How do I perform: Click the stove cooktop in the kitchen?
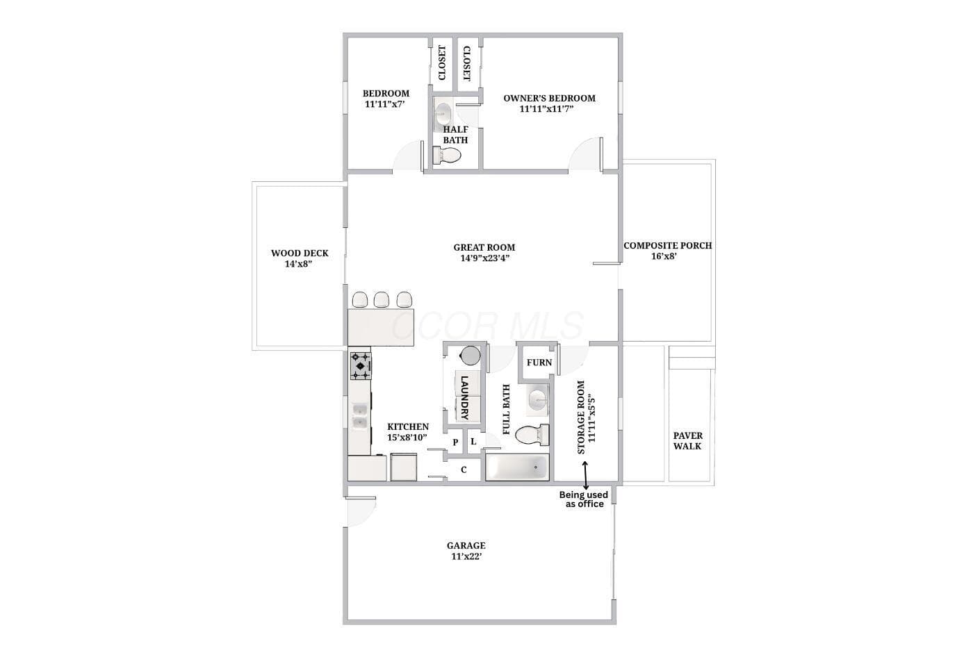[361, 366]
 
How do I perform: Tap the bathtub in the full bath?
[517, 467]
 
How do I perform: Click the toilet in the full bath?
[532, 435]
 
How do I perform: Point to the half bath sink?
[443, 114]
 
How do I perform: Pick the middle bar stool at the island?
[382, 299]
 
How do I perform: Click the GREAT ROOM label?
[484, 247]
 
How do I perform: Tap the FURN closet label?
[539, 363]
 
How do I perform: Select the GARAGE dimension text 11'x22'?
[466, 556]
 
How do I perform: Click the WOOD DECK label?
[300, 253]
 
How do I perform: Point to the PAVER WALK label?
[687, 440]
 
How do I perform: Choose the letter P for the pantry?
[455, 442]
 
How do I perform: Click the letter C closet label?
[464, 470]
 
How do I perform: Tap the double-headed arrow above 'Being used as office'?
[585, 475]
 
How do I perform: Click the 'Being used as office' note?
[584, 499]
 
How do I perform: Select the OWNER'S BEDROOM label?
[550, 98]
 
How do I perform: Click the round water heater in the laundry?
[470, 356]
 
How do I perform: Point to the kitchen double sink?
[360, 416]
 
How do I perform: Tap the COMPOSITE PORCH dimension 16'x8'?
[664, 256]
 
